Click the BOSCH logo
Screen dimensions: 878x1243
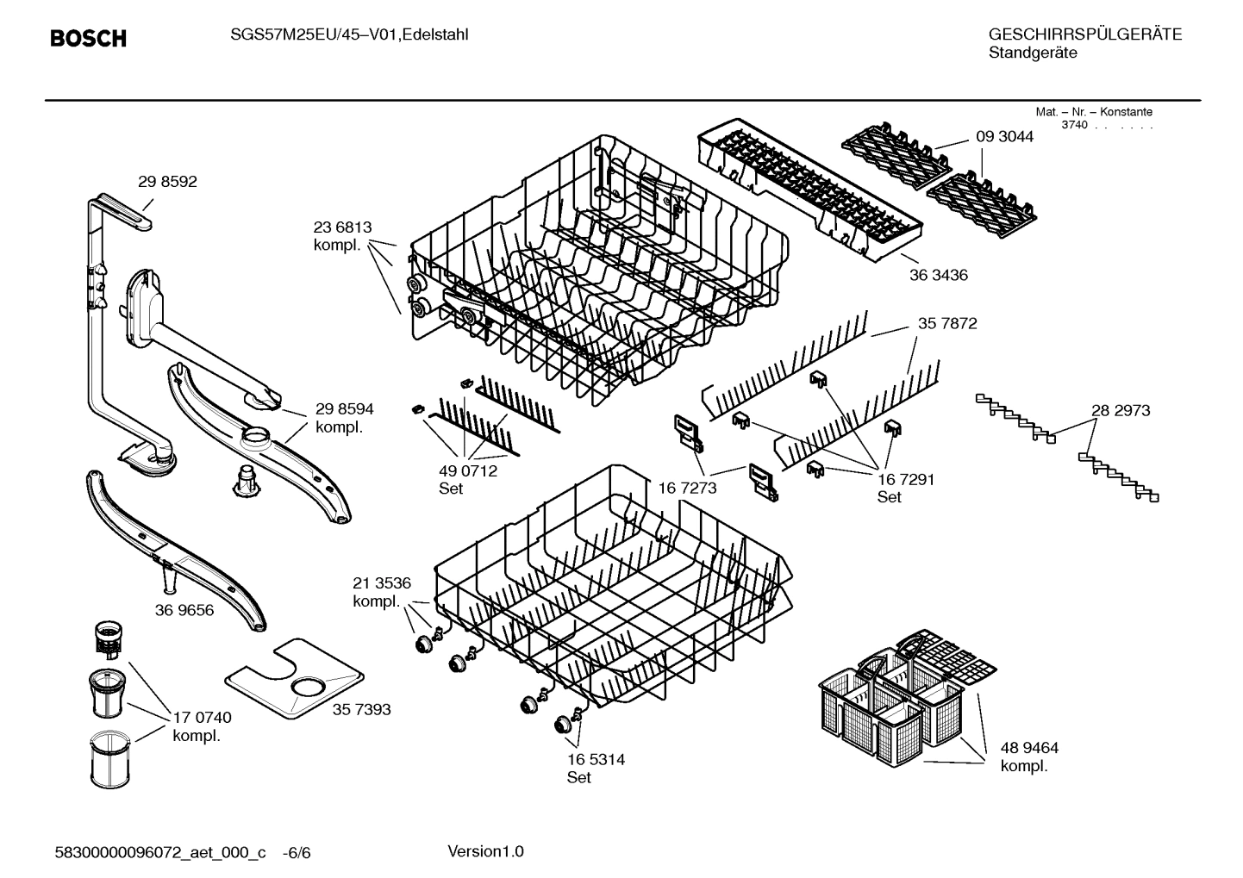point(88,39)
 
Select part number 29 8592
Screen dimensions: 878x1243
point(167,182)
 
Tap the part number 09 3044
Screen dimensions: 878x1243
point(1004,136)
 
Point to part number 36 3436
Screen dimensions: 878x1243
point(938,276)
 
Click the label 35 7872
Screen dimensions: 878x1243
point(947,324)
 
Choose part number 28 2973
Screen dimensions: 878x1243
point(1121,411)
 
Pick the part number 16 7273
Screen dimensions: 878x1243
point(687,489)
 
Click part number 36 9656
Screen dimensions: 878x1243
point(184,610)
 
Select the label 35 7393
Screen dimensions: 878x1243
point(361,709)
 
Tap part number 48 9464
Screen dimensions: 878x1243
point(1029,748)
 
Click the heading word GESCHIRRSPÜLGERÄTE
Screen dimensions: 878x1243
point(1085,35)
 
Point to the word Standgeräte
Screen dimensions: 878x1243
point(1033,53)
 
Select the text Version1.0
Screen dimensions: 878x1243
point(485,852)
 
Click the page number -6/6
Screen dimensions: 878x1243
point(297,853)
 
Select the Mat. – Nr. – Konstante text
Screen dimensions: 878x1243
point(1093,112)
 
